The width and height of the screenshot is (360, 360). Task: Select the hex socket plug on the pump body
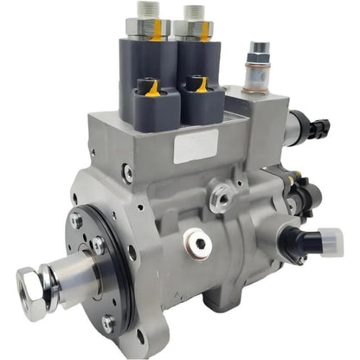(x=201, y=244)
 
